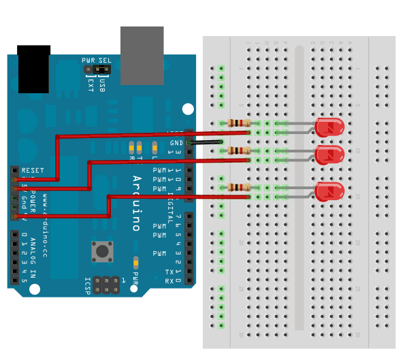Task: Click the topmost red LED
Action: pyautogui.click(x=330, y=127)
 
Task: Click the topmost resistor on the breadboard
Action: pyautogui.click(x=238, y=123)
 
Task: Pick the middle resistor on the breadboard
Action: pyautogui.click(x=238, y=150)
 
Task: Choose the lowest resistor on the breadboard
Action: pyautogui.click(x=238, y=187)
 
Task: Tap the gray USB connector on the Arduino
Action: pyautogui.click(x=142, y=55)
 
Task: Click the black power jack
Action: pyautogui.click(x=34, y=69)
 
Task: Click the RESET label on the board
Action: pyautogui.click(x=33, y=170)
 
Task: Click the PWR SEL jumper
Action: pyautogui.click(x=97, y=69)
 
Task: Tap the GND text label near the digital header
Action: pyautogui.click(x=176, y=142)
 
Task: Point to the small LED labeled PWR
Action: pyautogui.click(x=136, y=262)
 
